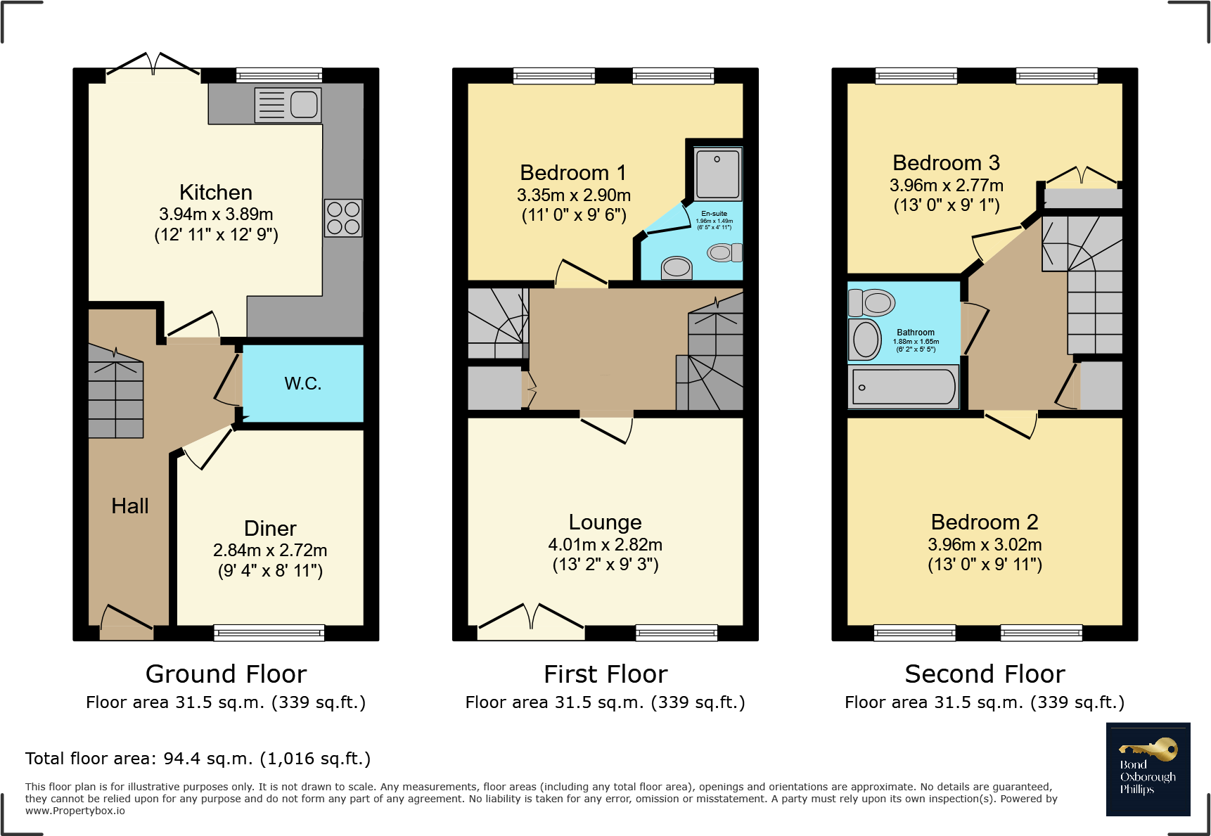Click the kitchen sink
coord(288,105)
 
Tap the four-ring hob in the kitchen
coord(343,218)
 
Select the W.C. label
coord(303,384)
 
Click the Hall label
coord(130,506)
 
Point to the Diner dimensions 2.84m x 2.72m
coord(270,551)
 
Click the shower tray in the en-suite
coord(717,174)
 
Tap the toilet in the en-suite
coord(724,252)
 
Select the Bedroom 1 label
coord(572,173)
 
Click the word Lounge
coord(605,522)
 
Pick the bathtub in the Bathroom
coord(904,387)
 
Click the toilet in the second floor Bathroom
coord(872,303)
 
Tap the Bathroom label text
coord(916,333)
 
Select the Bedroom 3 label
coord(946,163)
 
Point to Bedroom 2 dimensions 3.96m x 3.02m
coord(985,545)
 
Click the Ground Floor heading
coord(226,674)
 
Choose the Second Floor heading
coord(985,674)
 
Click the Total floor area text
coord(198,759)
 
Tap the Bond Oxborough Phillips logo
coord(1148,769)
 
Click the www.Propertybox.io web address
coord(75,811)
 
